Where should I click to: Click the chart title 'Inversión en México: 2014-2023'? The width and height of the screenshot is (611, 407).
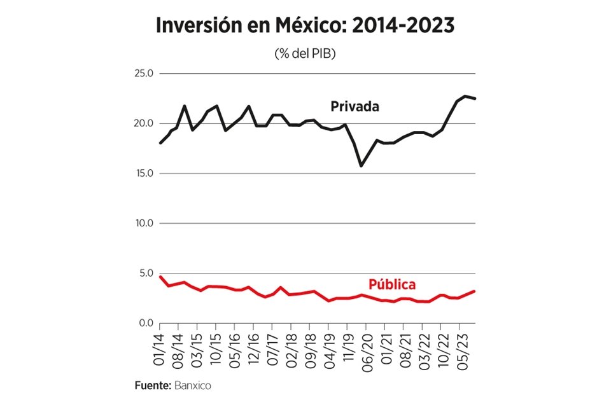pos(305,27)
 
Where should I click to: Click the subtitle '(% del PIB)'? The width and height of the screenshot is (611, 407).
pos(305,54)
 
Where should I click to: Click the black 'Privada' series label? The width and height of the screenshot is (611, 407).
pos(355,107)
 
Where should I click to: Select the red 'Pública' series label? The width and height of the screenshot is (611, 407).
pos(392,284)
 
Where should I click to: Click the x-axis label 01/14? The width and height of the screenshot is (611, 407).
pos(160,347)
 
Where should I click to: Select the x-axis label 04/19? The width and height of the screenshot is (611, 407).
pos(329,347)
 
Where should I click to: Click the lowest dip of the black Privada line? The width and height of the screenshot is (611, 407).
pos(362,166)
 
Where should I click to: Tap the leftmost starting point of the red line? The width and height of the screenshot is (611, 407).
pos(160,277)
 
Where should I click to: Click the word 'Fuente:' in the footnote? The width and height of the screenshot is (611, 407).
pos(152,386)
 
